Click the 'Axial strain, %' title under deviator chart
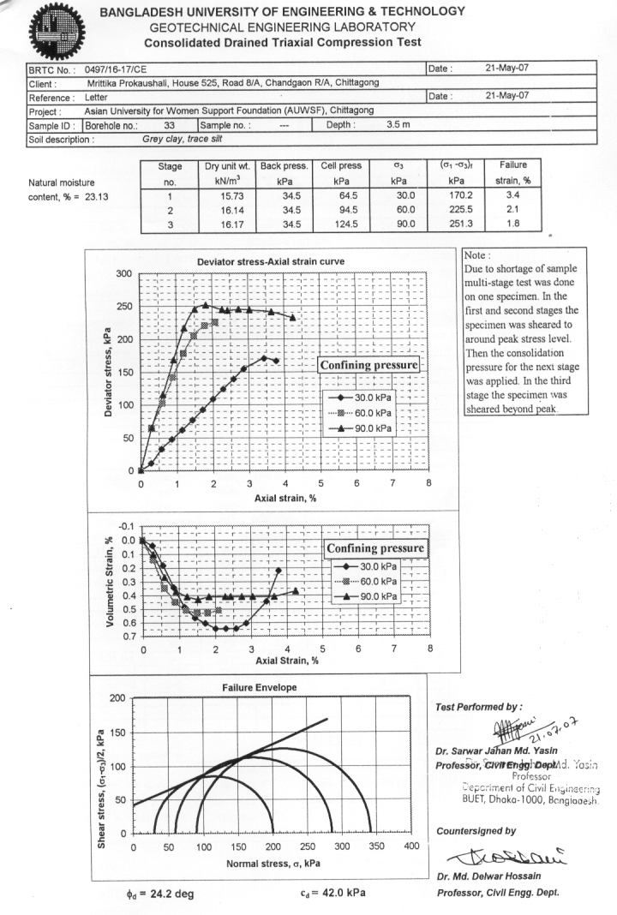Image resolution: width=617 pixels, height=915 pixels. (x=285, y=498)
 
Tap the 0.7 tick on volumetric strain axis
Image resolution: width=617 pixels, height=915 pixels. (x=125, y=637)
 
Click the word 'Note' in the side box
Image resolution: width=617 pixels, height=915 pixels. (x=475, y=256)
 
